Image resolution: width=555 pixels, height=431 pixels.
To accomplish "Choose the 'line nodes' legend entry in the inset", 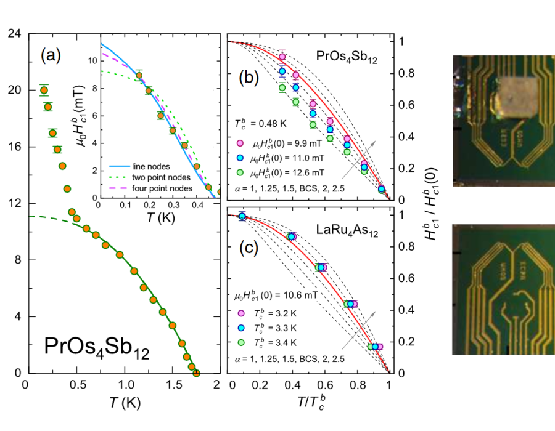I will pyautogui.click(x=150, y=167).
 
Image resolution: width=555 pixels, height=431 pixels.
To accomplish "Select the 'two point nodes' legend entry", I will pyautogui.click(x=157, y=177).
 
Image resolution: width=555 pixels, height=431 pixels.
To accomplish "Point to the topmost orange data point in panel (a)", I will pyautogui.click(x=44, y=91).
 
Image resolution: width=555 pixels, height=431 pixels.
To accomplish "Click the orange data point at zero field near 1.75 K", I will pyautogui.click(x=196, y=373).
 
